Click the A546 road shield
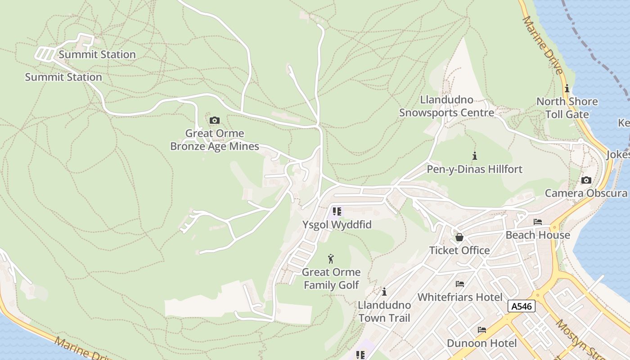click(522, 306)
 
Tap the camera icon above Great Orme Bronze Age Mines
click(215, 120)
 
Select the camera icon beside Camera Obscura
click(586, 180)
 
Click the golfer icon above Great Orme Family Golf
click(331, 259)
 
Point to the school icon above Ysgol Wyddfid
click(337, 211)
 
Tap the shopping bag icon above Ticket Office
click(459, 237)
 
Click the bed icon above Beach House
click(537, 222)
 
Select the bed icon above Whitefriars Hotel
click(459, 284)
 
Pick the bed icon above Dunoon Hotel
click(481, 330)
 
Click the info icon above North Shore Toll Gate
click(567, 88)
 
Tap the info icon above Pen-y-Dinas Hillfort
click(474, 156)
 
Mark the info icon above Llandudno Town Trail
click(384, 292)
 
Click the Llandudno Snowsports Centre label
click(446, 106)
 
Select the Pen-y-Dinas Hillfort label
click(474, 169)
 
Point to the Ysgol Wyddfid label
click(337, 224)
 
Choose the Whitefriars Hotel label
click(459, 297)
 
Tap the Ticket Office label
click(459, 250)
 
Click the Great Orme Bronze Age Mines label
click(215, 140)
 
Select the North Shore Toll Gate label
click(567, 108)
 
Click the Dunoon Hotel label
click(481, 343)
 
